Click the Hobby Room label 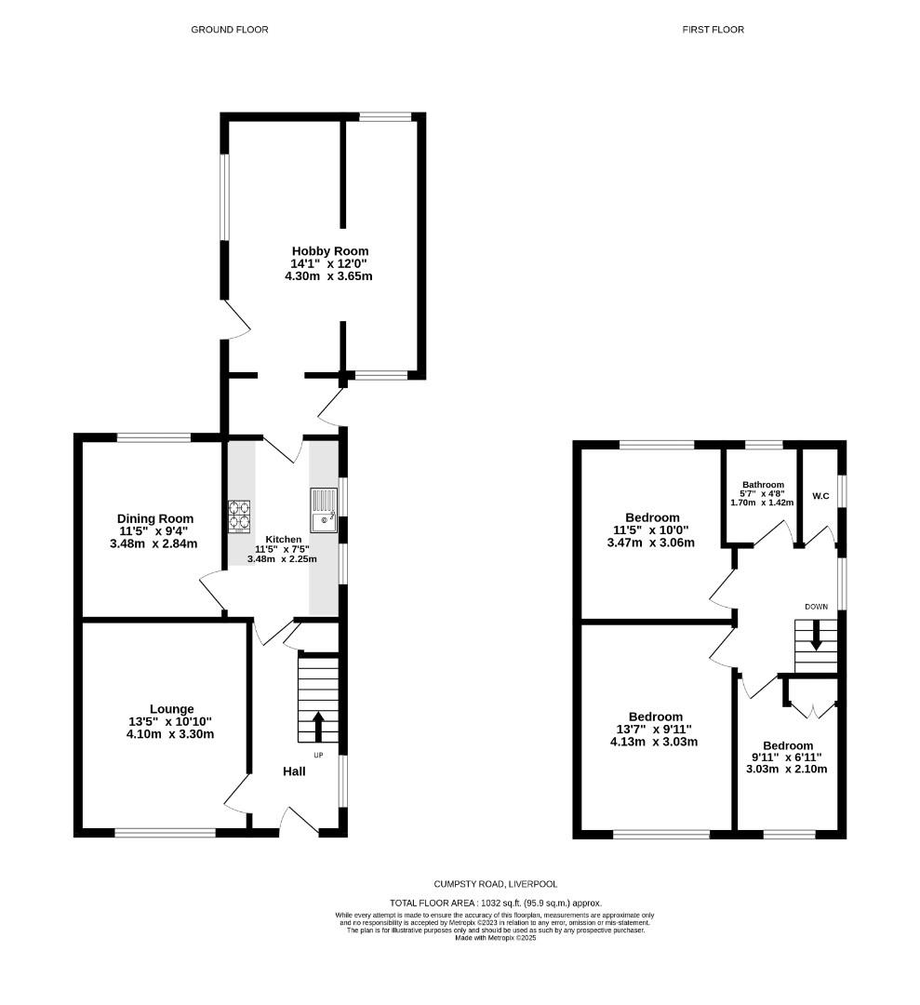pos(330,251)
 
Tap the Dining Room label pos(155,518)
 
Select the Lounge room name pos(172,709)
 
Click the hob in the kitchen pos(239,516)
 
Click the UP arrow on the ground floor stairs pos(317,726)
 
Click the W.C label pos(820,496)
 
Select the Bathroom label pos(763,485)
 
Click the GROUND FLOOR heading pos(230,30)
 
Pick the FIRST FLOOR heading pos(713,30)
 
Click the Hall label pos(294,771)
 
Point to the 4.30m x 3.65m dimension pos(328,276)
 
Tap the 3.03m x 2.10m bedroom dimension pos(787,770)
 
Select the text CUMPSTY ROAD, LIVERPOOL pos(496,884)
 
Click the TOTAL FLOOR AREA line pos(496,903)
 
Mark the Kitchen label pos(283,540)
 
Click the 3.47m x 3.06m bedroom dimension pos(651,543)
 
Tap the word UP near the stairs pos(318,755)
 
